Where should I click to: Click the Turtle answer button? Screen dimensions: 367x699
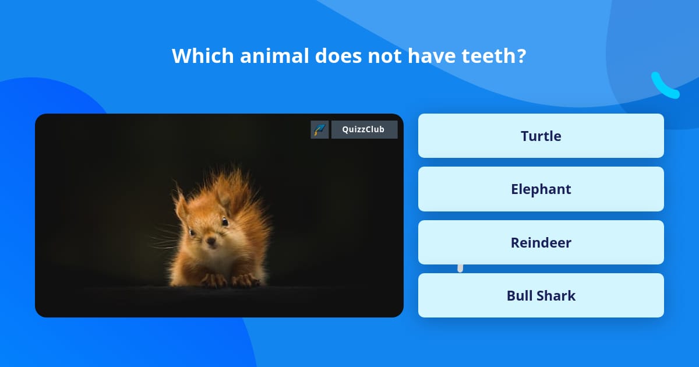(541, 136)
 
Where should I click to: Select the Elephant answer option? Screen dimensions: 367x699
(541, 189)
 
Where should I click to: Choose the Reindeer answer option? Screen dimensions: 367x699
(541, 242)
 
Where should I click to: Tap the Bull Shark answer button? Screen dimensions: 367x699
(541, 295)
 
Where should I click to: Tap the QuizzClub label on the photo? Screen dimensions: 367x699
(364, 129)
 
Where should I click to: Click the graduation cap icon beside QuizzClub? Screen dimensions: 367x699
(319, 129)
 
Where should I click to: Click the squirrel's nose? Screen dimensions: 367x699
(210, 240)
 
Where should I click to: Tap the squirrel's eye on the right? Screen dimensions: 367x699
(224, 221)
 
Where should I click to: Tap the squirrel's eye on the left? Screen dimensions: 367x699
(192, 232)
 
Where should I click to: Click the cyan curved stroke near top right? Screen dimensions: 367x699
(664, 86)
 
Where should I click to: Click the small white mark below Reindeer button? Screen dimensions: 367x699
(460, 268)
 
